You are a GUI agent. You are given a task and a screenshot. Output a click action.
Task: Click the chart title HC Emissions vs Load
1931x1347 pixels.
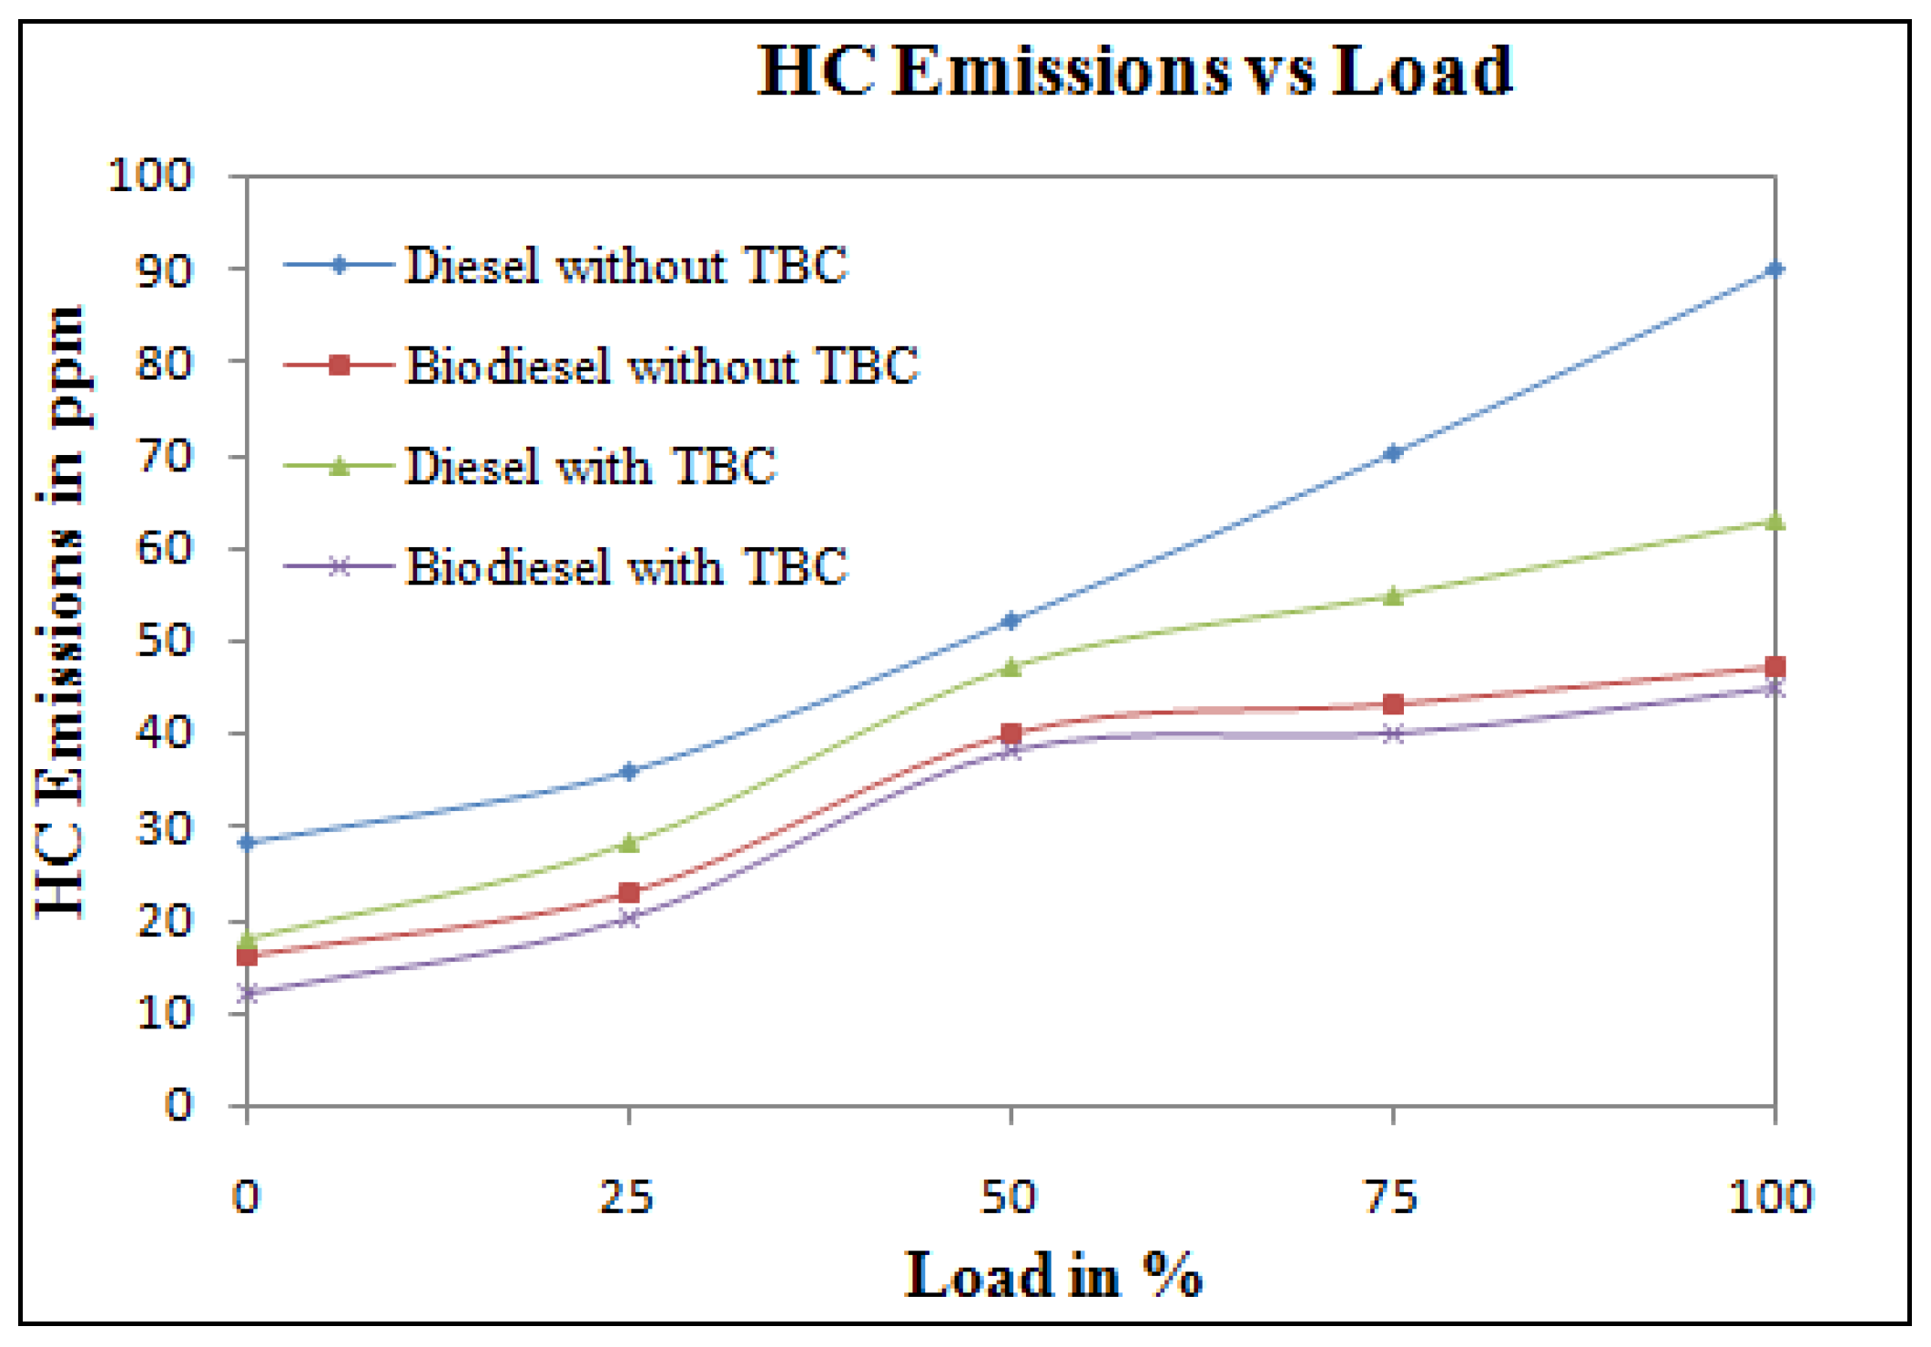tap(1134, 71)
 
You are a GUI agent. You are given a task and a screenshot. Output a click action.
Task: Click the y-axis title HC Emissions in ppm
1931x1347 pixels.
tap(62, 612)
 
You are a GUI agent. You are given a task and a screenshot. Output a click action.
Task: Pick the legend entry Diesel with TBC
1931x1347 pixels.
tap(589, 466)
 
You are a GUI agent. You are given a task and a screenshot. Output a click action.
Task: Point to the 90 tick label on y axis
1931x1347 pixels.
tap(164, 270)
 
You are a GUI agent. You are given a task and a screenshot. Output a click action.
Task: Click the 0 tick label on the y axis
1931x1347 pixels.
tap(178, 1105)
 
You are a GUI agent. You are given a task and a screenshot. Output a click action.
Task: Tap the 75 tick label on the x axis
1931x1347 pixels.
tap(1392, 1197)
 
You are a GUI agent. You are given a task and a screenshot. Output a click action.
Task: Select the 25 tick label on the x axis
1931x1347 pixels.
tap(627, 1197)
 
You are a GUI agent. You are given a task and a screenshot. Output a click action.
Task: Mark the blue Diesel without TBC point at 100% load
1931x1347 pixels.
tap(1774, 269)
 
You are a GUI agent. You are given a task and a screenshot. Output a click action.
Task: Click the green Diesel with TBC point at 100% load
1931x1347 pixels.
tap(1774, 522)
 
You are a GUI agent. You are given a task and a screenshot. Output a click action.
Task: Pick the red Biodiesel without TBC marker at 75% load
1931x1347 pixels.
tap(1392, 704)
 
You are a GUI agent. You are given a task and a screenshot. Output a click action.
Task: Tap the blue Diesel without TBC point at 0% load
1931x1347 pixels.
tap(247, 843)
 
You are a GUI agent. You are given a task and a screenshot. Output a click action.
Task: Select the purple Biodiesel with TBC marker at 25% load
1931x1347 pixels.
tap(628, 918)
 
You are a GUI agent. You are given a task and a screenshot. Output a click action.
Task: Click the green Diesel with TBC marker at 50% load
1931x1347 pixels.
tap(1011, 667)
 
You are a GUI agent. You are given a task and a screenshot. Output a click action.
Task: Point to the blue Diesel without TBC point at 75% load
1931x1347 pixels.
tap(1392, 453)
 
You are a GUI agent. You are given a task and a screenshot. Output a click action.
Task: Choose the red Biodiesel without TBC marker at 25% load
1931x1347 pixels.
tap(628, 892)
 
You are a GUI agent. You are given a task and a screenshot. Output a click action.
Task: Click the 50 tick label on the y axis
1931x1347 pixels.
tap(164, 641)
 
